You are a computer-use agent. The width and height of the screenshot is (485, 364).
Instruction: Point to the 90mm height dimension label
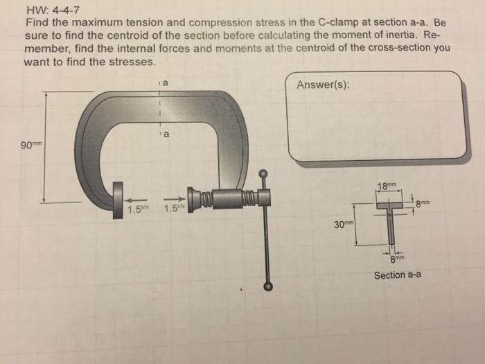pos(32,145)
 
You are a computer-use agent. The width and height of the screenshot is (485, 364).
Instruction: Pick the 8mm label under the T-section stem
pos(396,259)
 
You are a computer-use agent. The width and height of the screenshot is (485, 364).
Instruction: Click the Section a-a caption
pos(398,275)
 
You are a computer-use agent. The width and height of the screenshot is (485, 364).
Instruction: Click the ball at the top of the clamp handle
pos(263,173)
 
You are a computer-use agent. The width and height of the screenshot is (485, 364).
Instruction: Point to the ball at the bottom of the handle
pos(268,286)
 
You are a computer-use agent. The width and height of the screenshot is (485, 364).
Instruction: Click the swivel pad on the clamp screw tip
pos(188,197)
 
